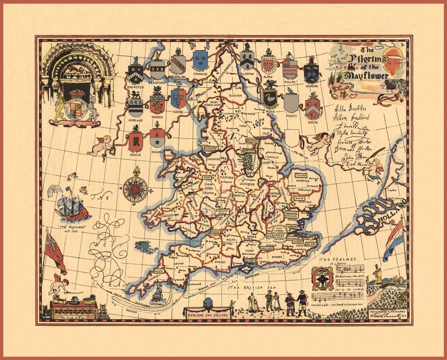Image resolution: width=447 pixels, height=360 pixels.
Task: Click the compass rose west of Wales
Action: [135, 189]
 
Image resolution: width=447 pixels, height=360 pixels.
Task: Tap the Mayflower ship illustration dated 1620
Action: [72, 206]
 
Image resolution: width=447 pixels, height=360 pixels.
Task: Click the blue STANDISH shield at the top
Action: [200, 61]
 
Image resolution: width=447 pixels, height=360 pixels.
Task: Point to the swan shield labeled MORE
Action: [269, 99]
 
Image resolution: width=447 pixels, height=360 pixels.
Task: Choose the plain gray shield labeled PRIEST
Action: [291, 103]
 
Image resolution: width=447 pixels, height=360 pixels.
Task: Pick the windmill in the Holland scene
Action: [377, 274]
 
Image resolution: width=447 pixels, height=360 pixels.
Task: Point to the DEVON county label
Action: [179, 263]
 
